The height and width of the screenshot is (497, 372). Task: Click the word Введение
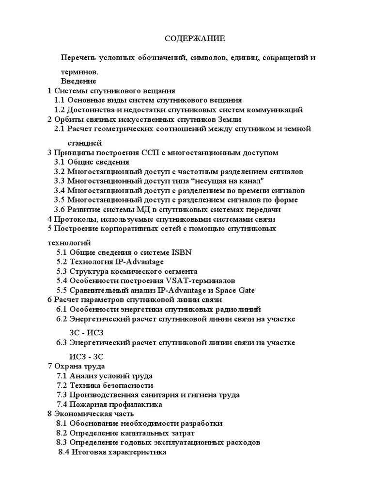click(78, 81)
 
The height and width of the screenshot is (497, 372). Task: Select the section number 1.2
click(60, 110)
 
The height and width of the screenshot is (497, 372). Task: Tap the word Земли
click(230, 119)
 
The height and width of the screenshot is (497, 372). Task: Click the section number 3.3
click(60, 181)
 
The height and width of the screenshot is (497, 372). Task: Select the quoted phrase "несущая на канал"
click(224, 181)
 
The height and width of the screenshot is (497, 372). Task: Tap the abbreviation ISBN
click(182, 252)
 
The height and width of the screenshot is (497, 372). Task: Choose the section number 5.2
click(62, 262)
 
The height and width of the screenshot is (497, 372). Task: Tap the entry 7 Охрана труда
click(76, 366)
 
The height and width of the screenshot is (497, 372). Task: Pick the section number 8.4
click(64, 452)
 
